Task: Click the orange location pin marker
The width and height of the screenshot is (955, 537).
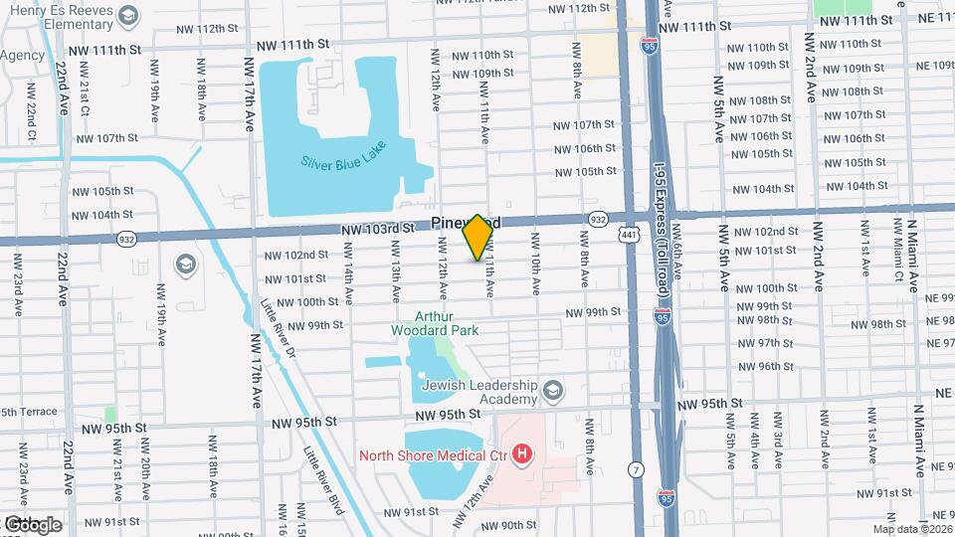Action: point(477,237)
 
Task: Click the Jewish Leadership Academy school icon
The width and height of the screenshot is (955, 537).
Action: point(554,389)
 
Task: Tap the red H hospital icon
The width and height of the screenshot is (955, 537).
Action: point(522,456)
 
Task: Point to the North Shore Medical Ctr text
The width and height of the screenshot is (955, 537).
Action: point(434,456)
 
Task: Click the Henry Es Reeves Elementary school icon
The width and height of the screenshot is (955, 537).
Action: point(128,16)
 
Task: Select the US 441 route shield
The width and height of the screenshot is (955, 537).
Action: point(628,233)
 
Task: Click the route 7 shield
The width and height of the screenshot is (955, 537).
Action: point(635,468)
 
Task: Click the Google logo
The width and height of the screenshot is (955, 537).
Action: point(33,524)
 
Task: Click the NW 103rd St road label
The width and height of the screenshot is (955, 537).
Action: point(377,229)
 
